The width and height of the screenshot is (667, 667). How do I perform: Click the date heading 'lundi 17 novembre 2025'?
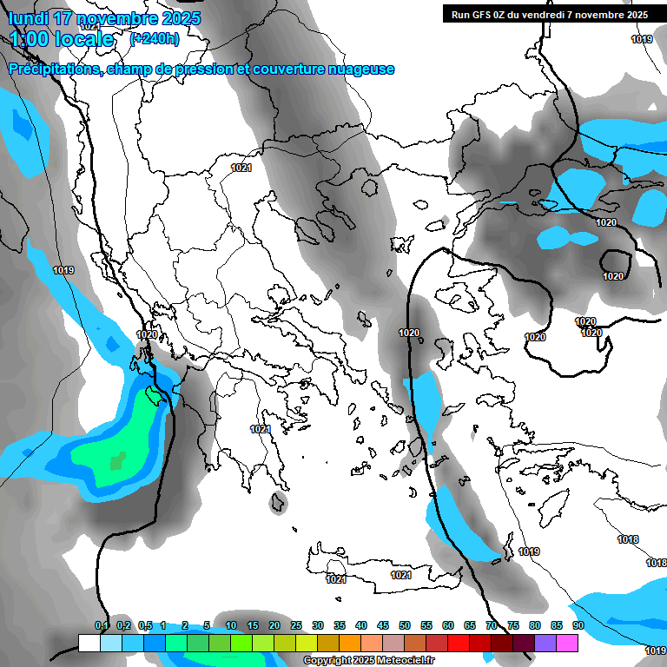(104, 18)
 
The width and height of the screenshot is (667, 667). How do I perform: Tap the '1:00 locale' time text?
(63, 39)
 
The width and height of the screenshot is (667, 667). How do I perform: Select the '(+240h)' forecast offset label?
(155, 38)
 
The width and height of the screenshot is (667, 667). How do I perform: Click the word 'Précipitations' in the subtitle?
(54, 69)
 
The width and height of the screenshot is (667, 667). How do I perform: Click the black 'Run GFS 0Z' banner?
(550, 14)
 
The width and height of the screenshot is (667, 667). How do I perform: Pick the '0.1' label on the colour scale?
(102, 625)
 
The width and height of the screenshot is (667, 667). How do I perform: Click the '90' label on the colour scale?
(578, 625)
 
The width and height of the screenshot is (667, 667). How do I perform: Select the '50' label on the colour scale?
(405, 625)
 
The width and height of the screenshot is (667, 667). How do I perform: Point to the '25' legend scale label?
(296, 625)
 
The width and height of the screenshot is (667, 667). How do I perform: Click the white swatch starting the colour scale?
(89, 644)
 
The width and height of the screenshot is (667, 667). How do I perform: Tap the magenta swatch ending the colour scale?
(567, 644)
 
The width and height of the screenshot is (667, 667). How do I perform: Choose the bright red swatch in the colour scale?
(459, 644)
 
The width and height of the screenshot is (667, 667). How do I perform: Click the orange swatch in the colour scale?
(350, 644)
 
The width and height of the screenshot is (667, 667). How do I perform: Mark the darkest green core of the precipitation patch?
(117, 460)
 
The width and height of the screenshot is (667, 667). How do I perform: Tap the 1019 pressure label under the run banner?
(642, 39)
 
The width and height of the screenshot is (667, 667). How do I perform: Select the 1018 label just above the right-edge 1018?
(628, 540)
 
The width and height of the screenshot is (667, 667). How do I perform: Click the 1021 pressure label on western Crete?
(336, 579)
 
